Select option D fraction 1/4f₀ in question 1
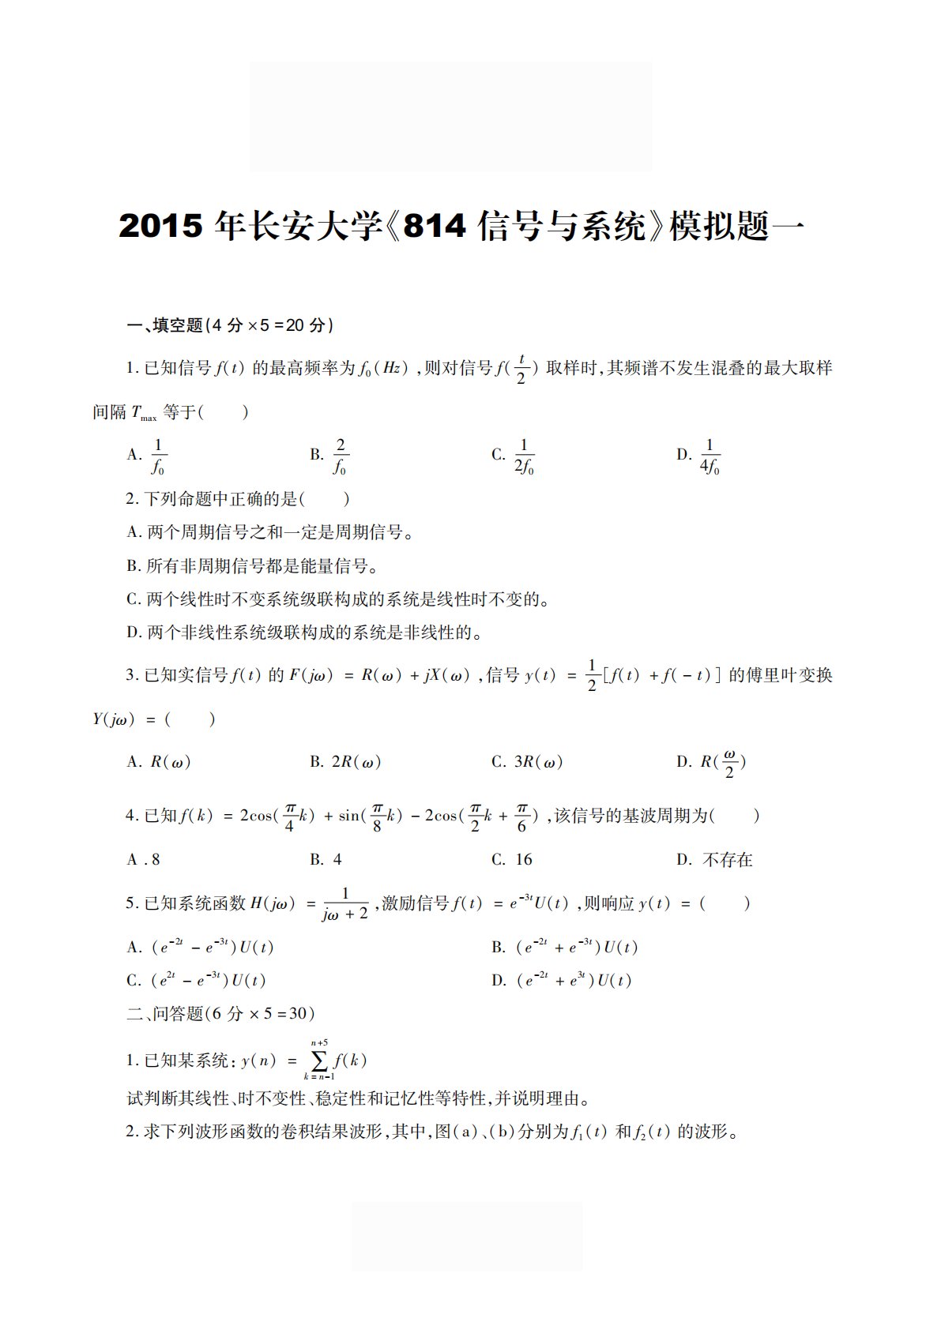click(709, 456)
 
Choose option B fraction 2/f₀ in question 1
click(340, 456)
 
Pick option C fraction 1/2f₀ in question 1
click(524, 456)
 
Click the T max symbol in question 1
click(143, 413)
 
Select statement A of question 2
click(271, 532)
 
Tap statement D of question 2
click(304, 633)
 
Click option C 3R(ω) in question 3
click(537, 762)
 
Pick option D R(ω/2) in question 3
click(722, 763)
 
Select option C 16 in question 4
click(523, 860)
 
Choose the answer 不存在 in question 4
click(727, 860)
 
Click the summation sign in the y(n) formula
click(319, 1061)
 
